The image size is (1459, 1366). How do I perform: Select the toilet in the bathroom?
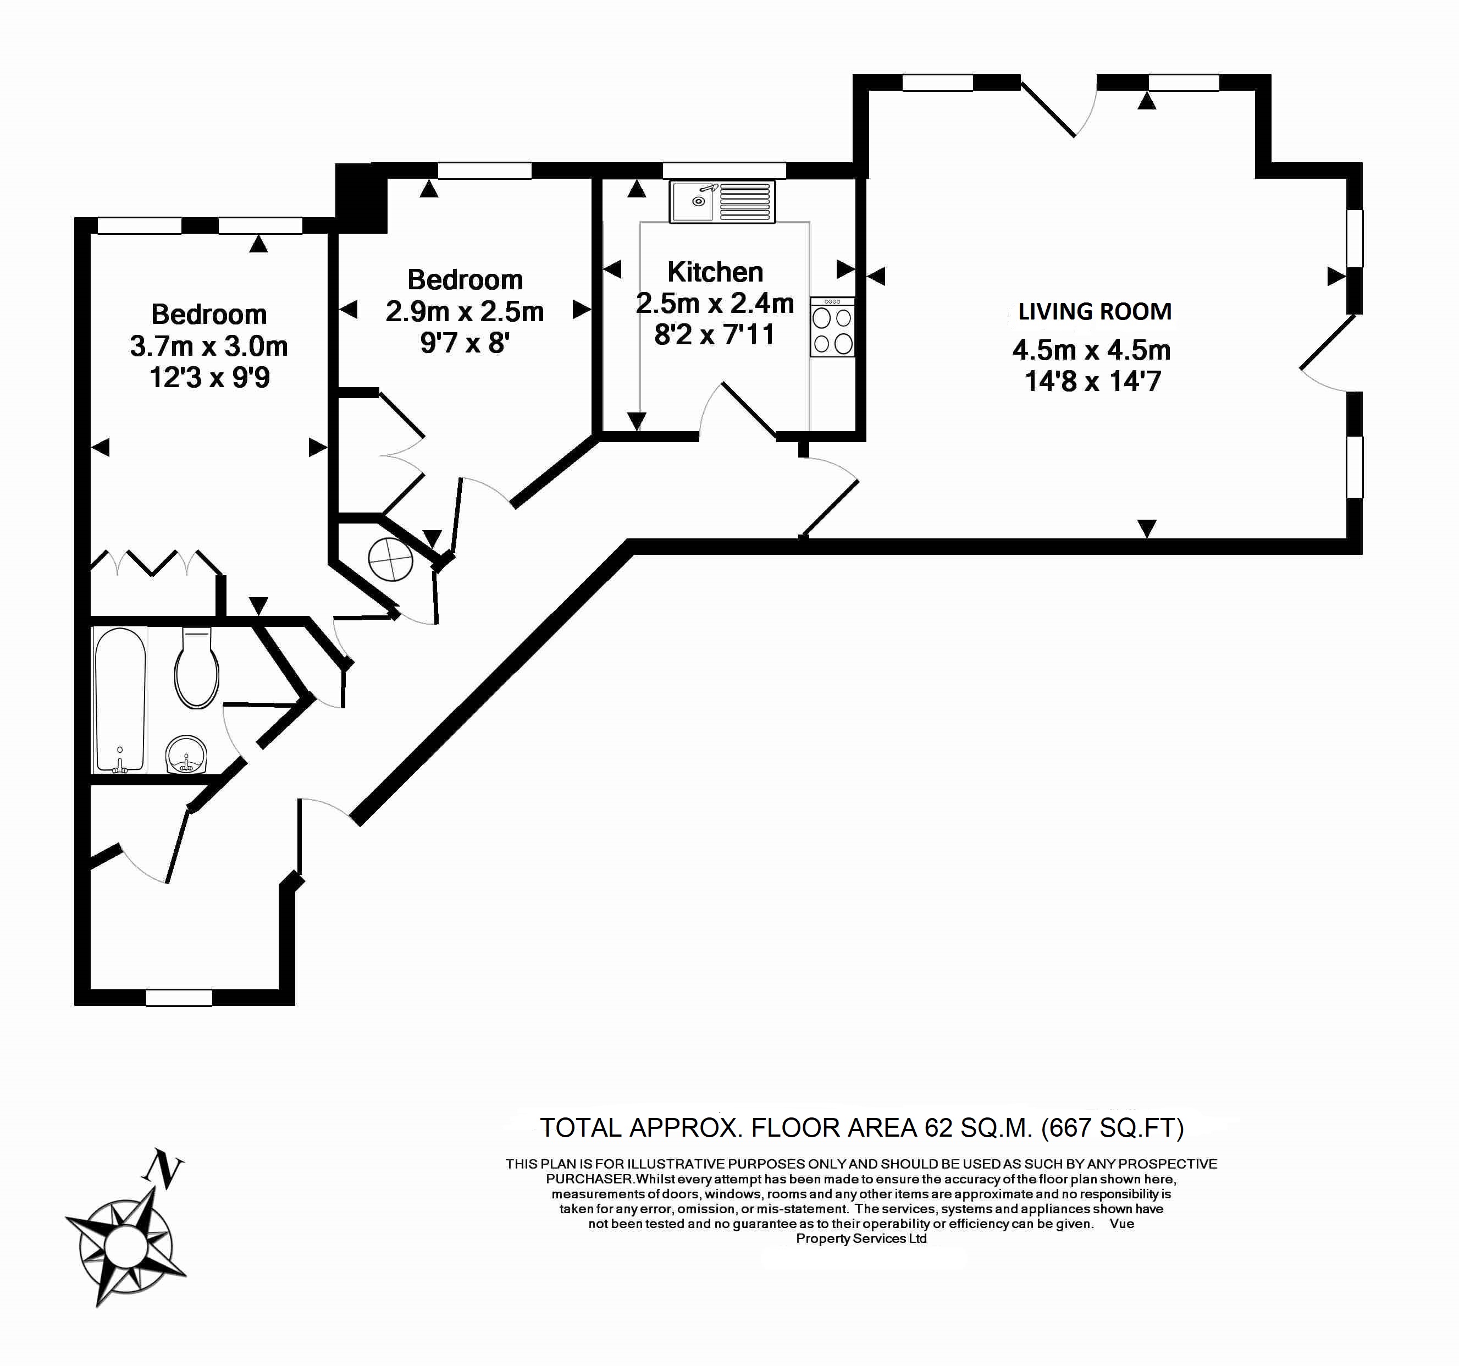click(197, 668)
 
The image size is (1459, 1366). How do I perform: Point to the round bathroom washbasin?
click(186, 755)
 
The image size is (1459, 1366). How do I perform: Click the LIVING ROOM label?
click(1094, 312)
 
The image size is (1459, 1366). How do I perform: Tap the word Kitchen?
click(715, 272)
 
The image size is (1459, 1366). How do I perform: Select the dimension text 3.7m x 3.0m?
click(209, 346)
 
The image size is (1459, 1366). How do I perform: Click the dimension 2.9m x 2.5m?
click(465, 312)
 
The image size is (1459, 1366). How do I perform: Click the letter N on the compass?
click(163, 1169)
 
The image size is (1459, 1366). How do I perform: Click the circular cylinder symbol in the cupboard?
click(390, 559)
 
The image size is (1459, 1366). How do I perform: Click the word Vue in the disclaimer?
click(1121, 1224)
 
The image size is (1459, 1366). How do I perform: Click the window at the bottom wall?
click(179, 998)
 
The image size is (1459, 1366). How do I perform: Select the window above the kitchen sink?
click(723, 171)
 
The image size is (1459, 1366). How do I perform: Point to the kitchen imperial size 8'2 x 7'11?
click(714, 335)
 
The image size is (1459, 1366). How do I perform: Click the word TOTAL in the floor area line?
click(581, 1127)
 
